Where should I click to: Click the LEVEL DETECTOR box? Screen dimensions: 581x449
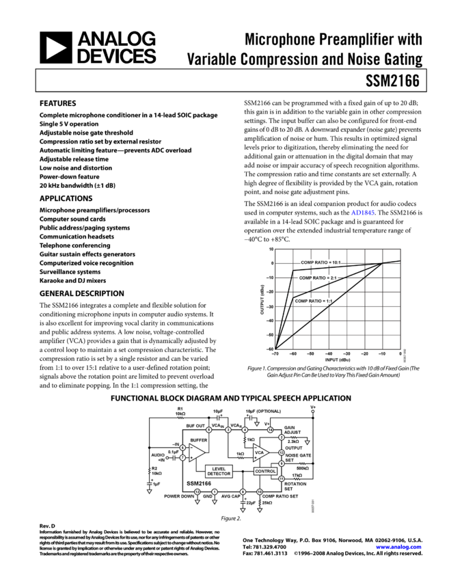219,471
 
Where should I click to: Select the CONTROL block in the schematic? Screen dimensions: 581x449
265,471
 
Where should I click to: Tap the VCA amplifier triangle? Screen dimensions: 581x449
260,452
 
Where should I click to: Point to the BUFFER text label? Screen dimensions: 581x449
199,440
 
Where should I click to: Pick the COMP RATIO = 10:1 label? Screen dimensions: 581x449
321,262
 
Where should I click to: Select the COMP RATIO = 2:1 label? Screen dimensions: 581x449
318,278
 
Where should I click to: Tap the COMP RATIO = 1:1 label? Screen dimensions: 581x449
316,301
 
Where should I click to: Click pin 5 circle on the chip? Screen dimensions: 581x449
209,430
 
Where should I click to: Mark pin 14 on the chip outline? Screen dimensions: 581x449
270,430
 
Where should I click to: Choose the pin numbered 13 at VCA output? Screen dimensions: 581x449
282,452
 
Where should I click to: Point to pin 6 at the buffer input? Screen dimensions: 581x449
182,448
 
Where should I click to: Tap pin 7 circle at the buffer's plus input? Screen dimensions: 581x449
182,457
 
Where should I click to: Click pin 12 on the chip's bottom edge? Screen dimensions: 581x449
197,491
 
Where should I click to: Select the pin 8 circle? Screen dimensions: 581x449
243,491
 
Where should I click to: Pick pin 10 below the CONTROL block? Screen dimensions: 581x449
260,491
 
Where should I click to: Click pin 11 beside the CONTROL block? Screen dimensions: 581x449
282,478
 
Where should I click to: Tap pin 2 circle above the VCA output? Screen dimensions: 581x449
282,437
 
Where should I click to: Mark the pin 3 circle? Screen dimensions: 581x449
228,430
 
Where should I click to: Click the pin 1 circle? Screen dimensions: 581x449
215,491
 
